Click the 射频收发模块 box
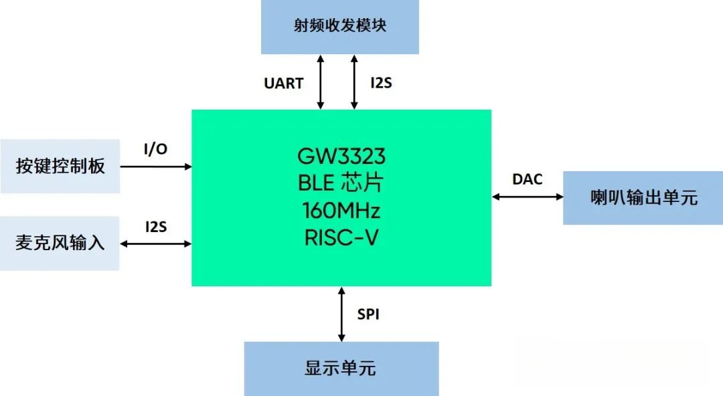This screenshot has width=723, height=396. coord(340,27)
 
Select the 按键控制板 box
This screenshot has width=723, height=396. coord(60,166)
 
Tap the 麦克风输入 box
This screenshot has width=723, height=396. coord(60,243)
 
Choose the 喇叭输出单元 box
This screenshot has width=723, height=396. coord(643,198)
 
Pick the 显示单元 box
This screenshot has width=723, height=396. coord(341,369)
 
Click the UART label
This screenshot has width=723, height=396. coord(284,84)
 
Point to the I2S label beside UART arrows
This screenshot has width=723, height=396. coord(382,83)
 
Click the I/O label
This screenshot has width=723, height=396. coord(156,149)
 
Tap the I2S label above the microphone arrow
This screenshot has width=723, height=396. coord(156,227)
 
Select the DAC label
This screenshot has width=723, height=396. coord(528,179)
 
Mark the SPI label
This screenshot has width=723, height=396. coord(368,314)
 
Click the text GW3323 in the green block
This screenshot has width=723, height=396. coord(341,157)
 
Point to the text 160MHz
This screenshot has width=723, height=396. coord(341,211)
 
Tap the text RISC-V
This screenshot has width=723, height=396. coord(341,238)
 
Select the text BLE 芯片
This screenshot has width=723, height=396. coord(341,183)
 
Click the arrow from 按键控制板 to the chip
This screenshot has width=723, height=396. coord(156,167)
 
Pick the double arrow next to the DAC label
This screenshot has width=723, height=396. coord(528,197)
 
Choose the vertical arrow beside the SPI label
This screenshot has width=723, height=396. coord(341,314)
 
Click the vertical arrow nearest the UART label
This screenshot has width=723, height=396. coord(321,82)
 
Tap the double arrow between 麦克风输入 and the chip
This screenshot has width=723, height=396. coord(156,244)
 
